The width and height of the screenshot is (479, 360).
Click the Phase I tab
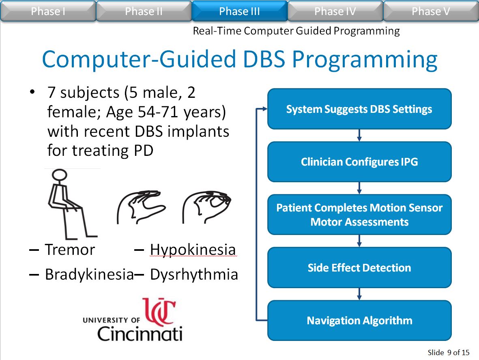coord(48,11)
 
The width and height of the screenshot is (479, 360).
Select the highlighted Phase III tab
coord(239,11)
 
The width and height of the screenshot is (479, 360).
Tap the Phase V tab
coord(431,11)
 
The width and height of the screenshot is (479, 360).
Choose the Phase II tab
coord(144,11)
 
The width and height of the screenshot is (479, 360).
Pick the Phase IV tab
coord(335,11)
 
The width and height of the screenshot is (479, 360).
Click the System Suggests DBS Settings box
coord(359,109)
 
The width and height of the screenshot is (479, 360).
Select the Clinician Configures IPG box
coord(359,162)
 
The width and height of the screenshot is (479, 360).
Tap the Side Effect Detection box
coord(359,267)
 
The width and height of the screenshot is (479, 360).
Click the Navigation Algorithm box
coord(359,320)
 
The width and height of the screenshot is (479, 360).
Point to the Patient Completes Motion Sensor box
coord(359,215)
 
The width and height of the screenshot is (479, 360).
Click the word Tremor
coord(70,250)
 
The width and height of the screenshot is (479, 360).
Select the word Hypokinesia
coord(193,250)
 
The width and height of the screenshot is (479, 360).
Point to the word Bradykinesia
coord(90,274)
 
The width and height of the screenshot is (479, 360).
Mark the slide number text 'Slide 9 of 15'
coord(449,352)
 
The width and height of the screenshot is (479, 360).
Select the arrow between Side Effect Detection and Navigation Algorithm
coord(359,294)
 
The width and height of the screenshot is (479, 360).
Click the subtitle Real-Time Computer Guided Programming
coord(296,31)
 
